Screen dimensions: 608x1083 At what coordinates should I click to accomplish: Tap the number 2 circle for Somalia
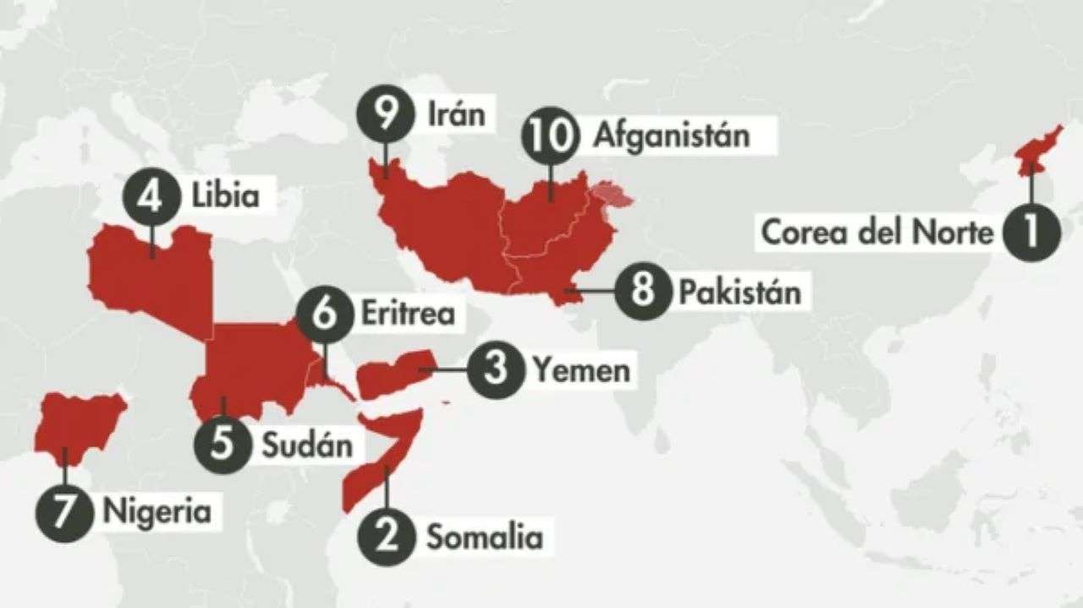[386, 536]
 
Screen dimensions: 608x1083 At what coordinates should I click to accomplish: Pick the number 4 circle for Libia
[152, 197]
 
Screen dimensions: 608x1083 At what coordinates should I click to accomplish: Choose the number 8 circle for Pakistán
[642, 292]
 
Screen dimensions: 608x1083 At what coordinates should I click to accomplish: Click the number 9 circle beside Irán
[385, 114]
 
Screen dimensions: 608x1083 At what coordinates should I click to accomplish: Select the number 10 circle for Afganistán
[550, 135]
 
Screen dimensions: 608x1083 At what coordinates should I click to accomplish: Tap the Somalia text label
[484, 536]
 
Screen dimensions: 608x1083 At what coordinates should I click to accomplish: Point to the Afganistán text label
[671, 134]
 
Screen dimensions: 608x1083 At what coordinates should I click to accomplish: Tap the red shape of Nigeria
[78, 425]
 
